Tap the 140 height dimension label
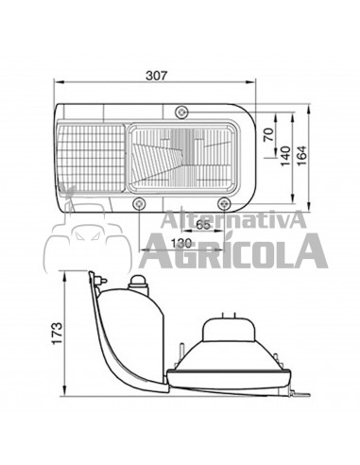285,151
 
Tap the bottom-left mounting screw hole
140,204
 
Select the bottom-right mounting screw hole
224,203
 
